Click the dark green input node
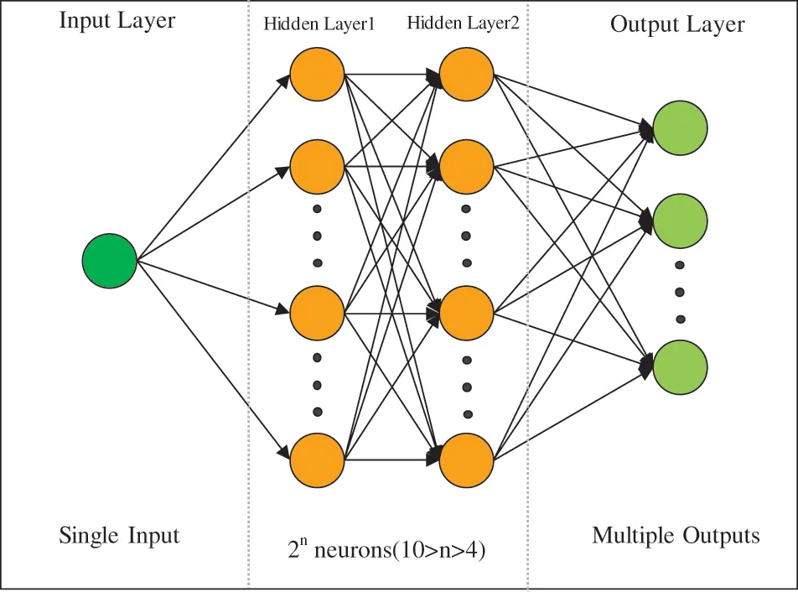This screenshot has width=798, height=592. (109, 261)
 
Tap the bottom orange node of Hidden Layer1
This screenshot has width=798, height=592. (318, 460)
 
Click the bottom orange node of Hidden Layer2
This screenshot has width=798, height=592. (467, 460)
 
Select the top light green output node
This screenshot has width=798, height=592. (680, 127)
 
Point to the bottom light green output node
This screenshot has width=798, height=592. (680, 367)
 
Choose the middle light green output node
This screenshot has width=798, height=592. (680, 220)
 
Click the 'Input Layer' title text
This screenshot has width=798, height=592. (117, 21)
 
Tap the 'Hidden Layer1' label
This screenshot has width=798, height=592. (319, 24)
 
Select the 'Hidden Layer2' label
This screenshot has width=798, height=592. (463, 23)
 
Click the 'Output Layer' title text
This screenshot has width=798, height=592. (677, 24)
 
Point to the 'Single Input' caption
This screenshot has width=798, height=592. (119, 535)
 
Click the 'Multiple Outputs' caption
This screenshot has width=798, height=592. (676, 535)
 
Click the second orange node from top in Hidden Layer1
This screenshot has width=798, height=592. (318, 168)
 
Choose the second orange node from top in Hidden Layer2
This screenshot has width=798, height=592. (467, 168)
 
